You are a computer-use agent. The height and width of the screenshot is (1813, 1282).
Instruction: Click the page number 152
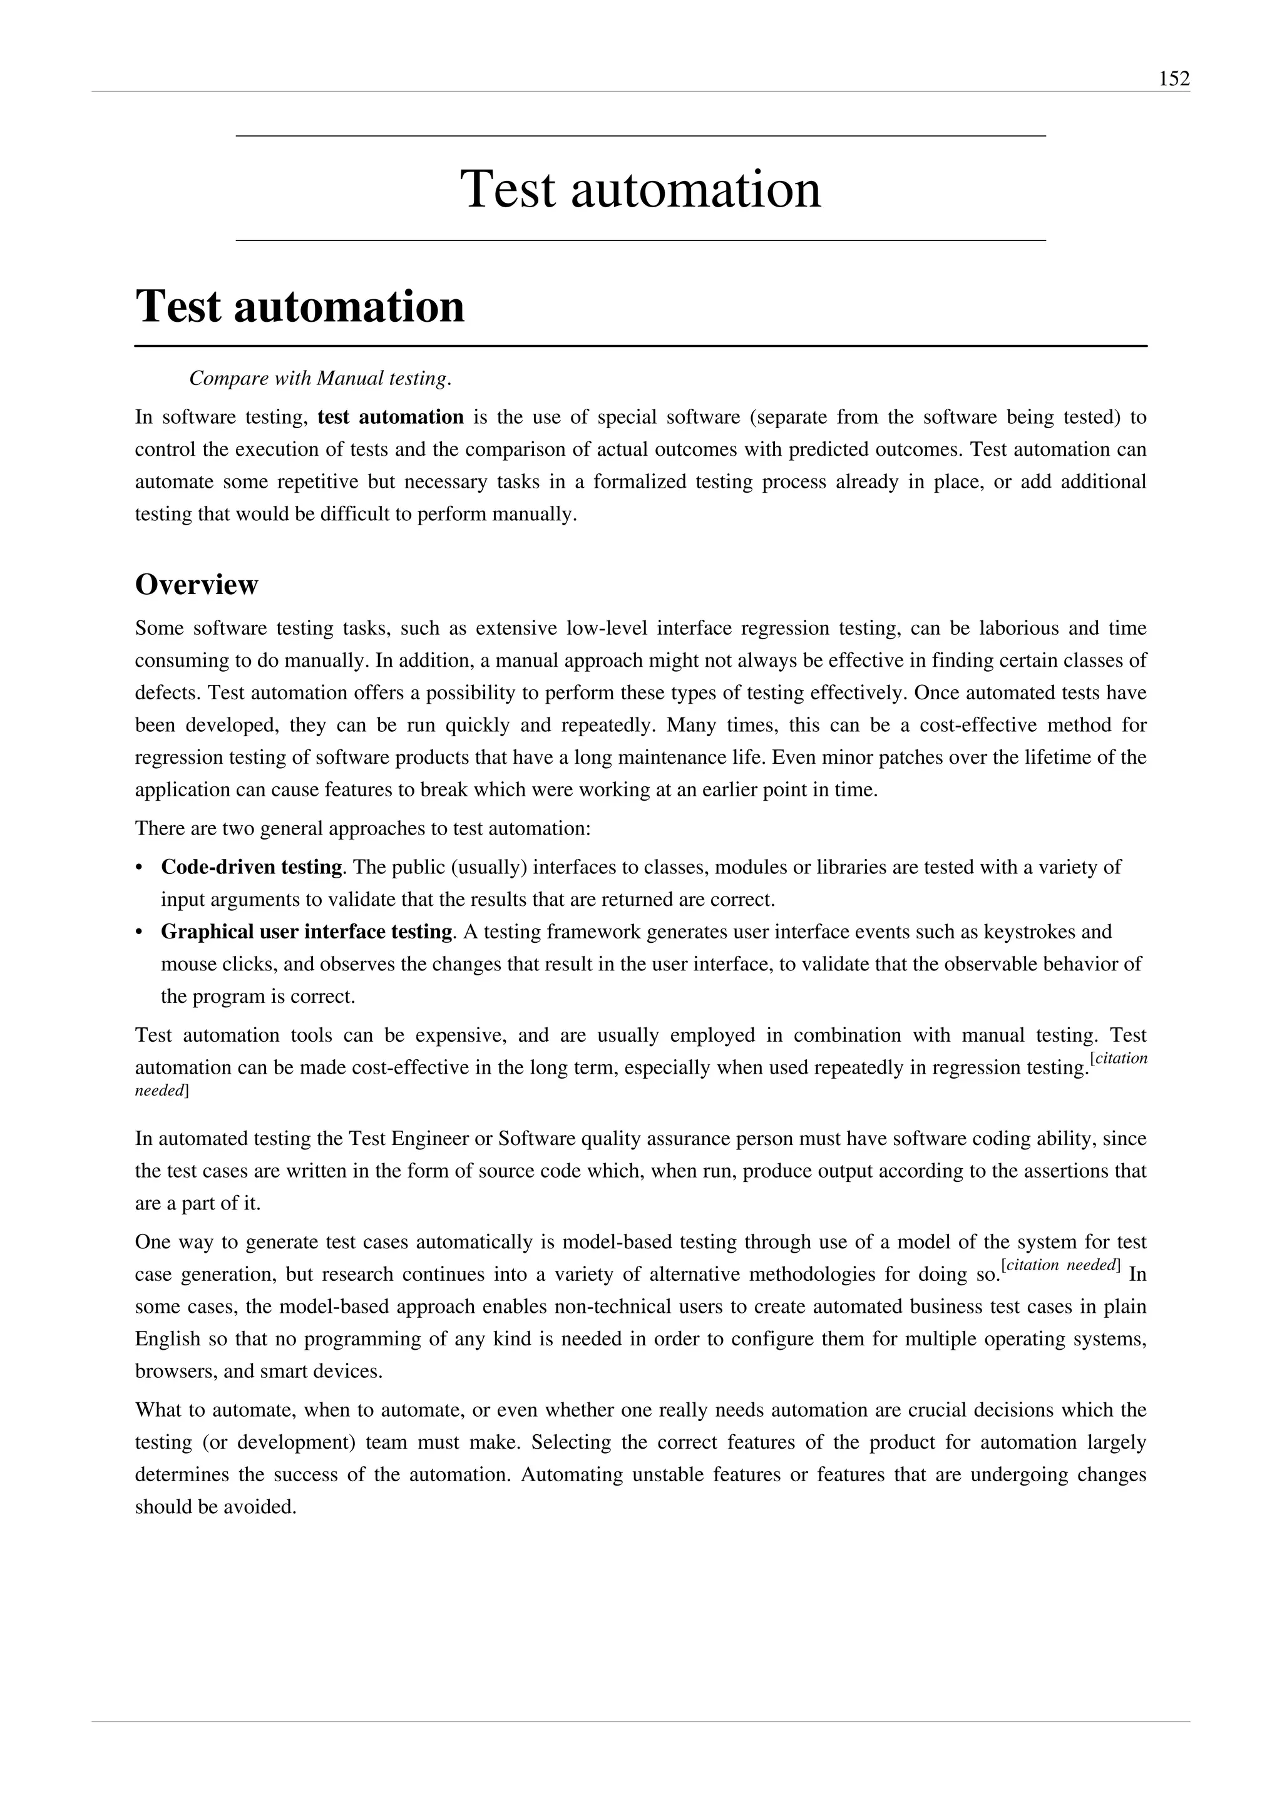point(1174,79)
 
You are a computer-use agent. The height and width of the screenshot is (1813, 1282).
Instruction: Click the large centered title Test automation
point(640,190)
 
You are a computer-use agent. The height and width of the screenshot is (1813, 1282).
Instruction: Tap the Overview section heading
point(197,585)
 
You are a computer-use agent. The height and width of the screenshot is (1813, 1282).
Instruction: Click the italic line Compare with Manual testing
point(320,379)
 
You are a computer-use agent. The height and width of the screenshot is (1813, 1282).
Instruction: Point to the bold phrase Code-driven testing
point(251,867)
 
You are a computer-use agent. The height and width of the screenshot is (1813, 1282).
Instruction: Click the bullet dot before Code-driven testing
point(140,868)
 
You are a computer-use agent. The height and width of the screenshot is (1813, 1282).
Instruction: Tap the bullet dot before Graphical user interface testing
point(140,933)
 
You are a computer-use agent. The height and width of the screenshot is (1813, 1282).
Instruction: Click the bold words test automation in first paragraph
point(391,417)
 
